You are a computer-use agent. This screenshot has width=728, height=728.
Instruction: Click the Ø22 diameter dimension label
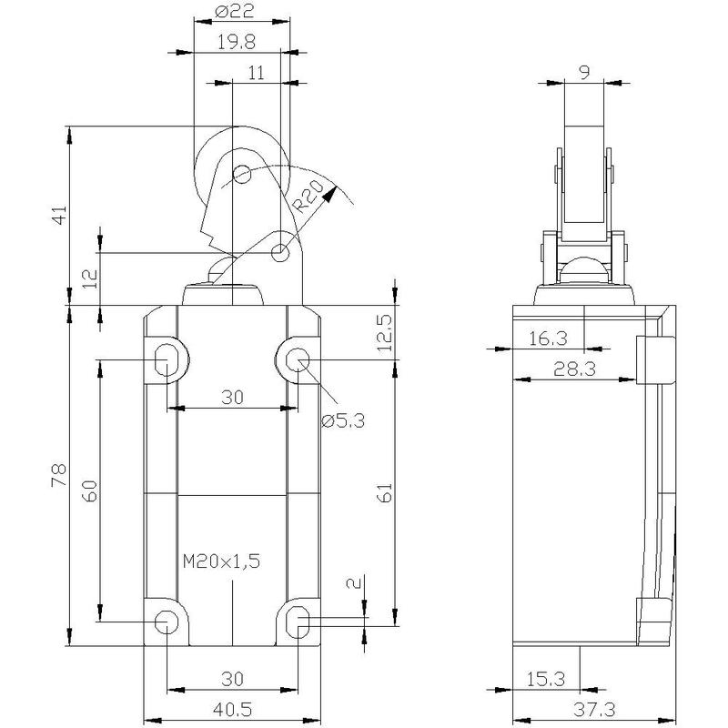[x=236, y=11]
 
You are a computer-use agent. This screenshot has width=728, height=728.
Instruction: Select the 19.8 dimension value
[x=237, y=42]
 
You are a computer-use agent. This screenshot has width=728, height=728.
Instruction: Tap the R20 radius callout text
[x=308, y=197]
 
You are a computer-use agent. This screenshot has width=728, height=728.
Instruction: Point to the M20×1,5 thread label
[x=221, y=561]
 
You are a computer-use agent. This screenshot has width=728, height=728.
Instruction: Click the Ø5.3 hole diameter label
[x=343, y=420]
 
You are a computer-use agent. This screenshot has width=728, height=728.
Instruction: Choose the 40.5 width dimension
[x=232, y=709]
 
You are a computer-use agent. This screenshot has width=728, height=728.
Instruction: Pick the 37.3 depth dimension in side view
[x=594, y=709]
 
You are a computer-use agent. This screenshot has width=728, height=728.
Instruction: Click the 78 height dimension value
[x=59, y=475]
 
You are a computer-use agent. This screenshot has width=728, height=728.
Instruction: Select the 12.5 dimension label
[x=384, y=333]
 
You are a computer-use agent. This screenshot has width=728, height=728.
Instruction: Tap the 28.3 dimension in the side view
[x=574, y=369]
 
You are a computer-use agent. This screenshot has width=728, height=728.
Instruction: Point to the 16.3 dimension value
[x=548, y=339]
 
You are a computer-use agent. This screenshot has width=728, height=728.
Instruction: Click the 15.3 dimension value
[x=545, y=679]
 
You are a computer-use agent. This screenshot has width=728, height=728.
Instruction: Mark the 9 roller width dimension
[x=584, y=73]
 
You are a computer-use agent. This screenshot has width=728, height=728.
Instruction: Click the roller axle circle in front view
[x=242, y=175]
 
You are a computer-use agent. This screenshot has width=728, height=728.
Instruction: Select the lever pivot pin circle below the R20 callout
[x=280, y=253]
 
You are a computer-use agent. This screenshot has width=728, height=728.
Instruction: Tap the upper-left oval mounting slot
[x=166, y=360]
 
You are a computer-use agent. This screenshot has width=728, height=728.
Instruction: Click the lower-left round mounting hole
[x=167, y=622]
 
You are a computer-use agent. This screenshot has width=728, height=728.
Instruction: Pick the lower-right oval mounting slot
[x=298, y=622]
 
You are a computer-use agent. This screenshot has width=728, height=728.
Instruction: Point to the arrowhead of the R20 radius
[x=329, y=194]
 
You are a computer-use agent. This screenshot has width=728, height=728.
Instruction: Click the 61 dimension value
[x=385, y=492]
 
